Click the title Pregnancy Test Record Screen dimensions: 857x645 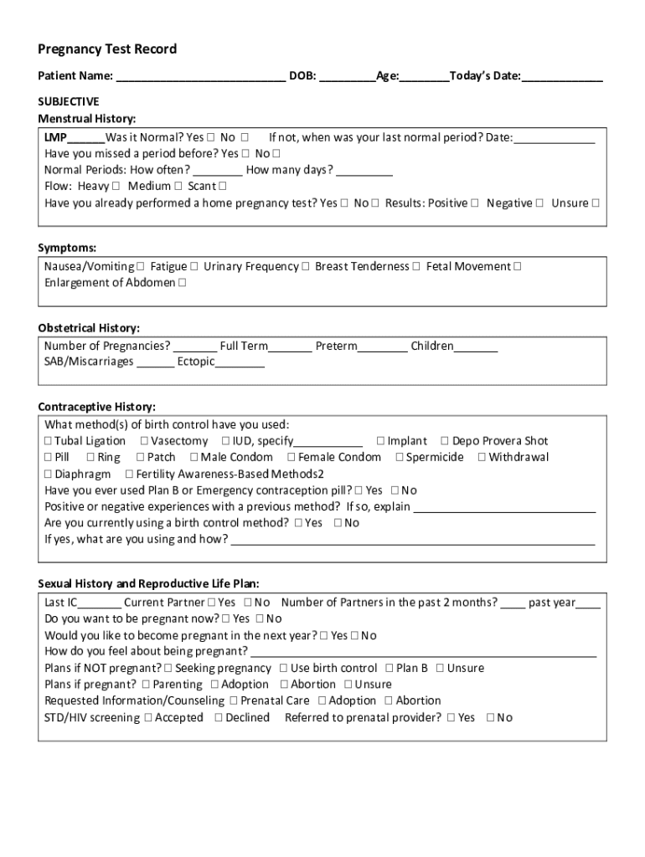coord(107,49)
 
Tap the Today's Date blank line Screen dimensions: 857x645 coord(562,78)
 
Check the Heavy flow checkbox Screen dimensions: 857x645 coord(116,187)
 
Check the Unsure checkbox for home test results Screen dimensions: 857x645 coord(595,203)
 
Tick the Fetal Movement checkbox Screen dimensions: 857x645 coord(518,267)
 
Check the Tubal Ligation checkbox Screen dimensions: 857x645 coord(49,441)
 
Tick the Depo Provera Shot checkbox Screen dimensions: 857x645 coord(446,441)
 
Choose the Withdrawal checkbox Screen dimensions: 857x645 coord(482,458)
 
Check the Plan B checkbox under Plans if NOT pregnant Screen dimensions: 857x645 coord(390,669)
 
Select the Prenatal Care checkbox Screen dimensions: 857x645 coord(235,701)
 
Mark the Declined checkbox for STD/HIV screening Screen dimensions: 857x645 coord(219,718)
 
